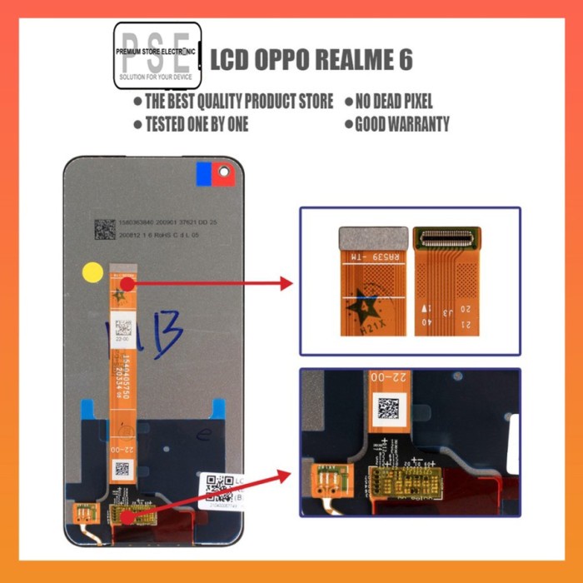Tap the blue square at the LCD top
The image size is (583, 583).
coord(202,172)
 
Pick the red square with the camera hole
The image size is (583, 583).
coord(222,172)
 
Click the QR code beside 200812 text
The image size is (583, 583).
coord(104,229)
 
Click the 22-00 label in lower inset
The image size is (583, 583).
coord(388,378)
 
